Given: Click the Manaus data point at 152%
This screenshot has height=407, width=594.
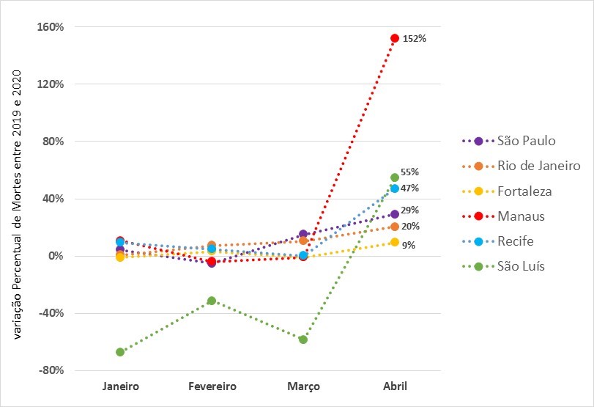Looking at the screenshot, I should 395,38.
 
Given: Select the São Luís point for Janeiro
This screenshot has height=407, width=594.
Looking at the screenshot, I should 120,352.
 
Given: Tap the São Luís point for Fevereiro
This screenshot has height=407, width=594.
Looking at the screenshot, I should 212,301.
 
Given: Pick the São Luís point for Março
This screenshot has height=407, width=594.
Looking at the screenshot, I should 303,340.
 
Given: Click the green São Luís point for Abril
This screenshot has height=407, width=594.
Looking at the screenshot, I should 395,177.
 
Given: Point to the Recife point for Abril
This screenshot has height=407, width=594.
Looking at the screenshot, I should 395,188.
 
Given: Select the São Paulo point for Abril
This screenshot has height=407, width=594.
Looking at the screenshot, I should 395,214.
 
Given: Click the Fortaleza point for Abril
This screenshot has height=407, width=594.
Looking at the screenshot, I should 395,242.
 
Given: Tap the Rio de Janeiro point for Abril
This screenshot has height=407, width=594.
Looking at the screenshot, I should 395,227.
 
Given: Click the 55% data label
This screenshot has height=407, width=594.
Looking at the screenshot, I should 409,172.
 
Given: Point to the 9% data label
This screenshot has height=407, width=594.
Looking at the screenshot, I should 409,246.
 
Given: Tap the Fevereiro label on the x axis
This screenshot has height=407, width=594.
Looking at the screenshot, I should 212,386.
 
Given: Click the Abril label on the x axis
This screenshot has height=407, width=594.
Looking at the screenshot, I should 395,386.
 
